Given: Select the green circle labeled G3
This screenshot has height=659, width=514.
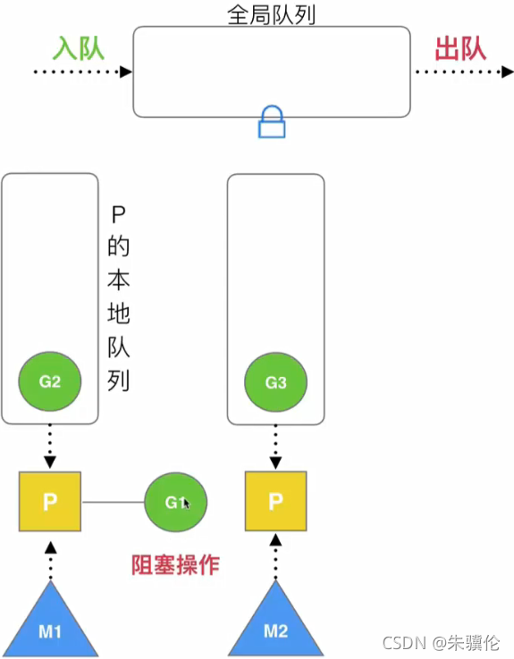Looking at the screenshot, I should (x=275, y=383).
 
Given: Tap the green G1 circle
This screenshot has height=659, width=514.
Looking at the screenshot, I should (x=175, y=503).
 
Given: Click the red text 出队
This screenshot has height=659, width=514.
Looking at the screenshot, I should (x=460, y=47).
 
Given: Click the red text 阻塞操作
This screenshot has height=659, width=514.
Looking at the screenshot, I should (x=175, y=564).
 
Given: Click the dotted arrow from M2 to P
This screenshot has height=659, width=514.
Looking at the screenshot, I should (x=275, y=558).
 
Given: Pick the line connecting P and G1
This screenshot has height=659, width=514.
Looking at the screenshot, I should (x=113, y=503).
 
